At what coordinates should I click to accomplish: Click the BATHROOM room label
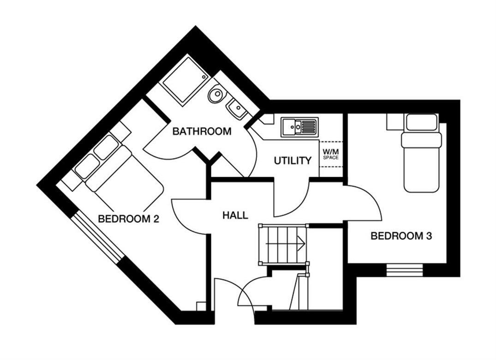point(202,132)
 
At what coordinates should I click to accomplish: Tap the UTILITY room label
point(293,161)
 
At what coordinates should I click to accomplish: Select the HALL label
point(235,215)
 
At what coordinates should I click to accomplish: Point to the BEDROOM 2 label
point(128,219)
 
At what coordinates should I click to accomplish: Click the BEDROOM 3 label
point(401,236)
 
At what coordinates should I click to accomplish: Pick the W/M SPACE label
point(330,154)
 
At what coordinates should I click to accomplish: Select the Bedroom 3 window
point(404,270)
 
